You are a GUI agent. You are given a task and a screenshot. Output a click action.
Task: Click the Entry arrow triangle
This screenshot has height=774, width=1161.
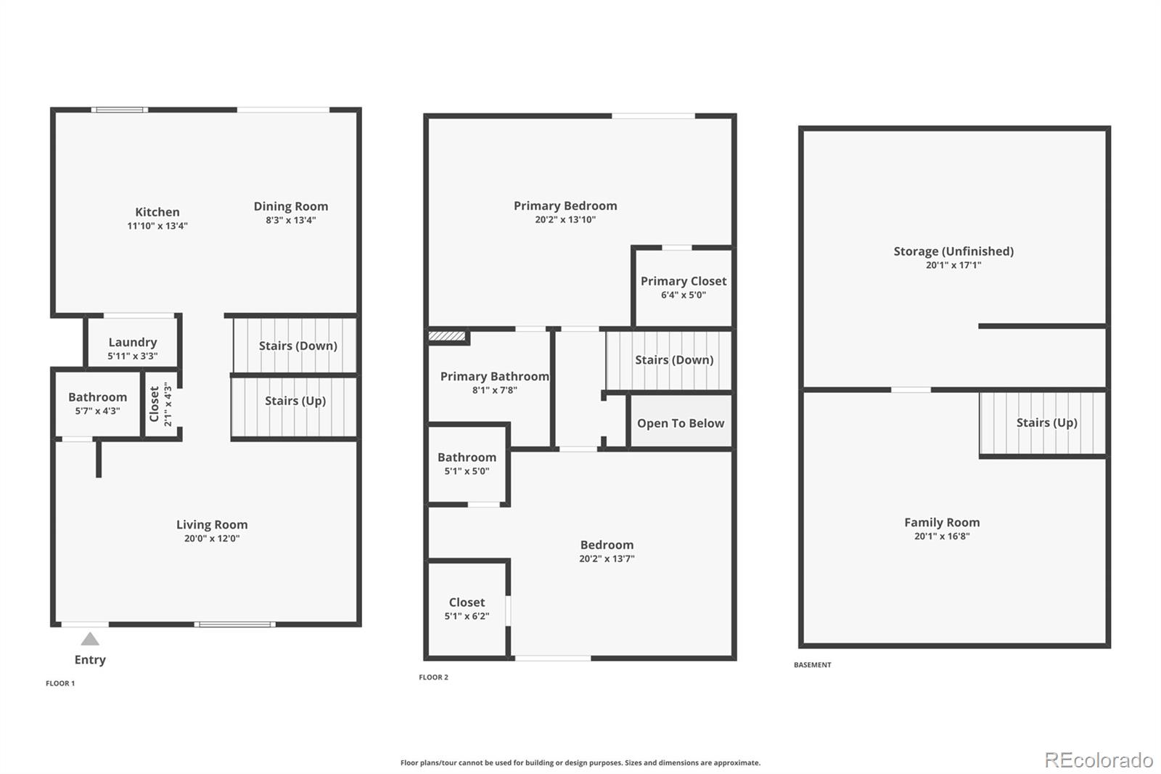coord(90,639)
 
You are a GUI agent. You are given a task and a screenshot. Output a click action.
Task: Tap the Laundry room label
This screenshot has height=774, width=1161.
coord(132,342)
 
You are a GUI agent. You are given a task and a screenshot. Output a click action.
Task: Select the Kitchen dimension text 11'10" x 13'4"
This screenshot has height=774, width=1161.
coord(157,226)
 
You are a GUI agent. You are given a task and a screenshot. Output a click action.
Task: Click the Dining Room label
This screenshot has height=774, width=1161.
coord(290,206)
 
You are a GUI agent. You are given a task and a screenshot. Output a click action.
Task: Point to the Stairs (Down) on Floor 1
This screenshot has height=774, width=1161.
coord(298,346)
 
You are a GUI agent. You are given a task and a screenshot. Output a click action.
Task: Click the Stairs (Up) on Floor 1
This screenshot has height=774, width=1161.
coord(295,401)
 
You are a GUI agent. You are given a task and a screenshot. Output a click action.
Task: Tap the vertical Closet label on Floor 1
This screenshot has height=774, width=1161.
coord(155,404)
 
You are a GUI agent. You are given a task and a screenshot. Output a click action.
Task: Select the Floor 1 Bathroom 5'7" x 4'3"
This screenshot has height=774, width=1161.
coord(97,404)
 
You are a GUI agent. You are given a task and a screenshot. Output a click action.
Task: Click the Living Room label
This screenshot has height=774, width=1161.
coord(212,524)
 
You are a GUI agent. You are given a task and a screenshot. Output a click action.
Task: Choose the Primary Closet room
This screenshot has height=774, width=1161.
coord(683,287)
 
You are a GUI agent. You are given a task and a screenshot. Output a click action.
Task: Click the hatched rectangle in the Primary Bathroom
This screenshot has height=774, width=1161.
coord(447,336)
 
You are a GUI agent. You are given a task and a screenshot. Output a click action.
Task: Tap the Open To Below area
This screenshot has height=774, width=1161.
coord(680,423)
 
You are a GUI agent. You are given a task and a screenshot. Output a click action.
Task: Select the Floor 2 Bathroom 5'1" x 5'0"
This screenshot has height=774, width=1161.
coord(467,463)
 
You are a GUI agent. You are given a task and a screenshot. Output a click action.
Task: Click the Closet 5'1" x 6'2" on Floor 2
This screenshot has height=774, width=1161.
coord(467,608)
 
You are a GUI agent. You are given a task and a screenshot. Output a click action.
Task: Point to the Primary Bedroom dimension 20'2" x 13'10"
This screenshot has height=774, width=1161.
coord(565,219)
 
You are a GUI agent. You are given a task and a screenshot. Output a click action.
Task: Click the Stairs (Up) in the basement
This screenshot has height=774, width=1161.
coord(1046,423)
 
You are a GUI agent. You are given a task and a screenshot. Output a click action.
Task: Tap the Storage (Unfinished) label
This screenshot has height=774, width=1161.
coord(953,251)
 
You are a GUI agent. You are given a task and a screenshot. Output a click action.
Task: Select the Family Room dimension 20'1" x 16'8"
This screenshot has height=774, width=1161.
coord(942,537)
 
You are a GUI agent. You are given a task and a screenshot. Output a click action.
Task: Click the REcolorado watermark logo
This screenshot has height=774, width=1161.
coord(1099,760)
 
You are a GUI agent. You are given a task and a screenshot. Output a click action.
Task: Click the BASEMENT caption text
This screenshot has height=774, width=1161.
coord(812,665)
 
